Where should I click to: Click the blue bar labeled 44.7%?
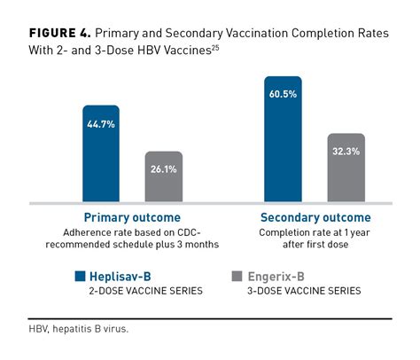pyautogui.click(x=101, y=156)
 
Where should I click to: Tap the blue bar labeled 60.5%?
pyautogui.click(x=282, y=142)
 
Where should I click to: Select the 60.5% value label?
pyautogui.click(x=282, y=91)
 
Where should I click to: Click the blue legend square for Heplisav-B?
pyautogui.click(x=79, y=276)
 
